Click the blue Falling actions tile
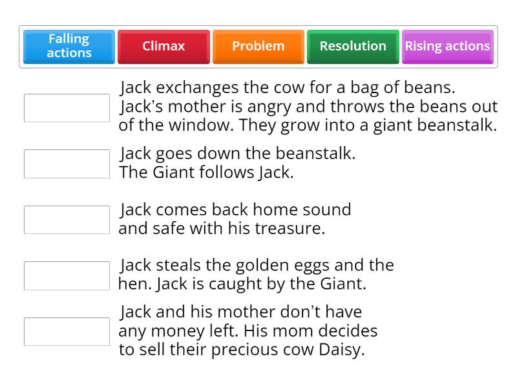click(69, 47)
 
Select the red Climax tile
click(164, 47)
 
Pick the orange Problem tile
click(258, 47)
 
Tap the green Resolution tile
click(353, 47)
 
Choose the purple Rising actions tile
click(447, 47)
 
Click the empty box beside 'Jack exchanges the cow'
click(67, 108)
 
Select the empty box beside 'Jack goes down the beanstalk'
click(67, 164)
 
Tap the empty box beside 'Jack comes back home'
click(67, 220)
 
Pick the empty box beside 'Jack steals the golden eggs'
click(67, 275)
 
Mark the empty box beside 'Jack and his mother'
click(67, 332)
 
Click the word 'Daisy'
click(344, 350)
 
